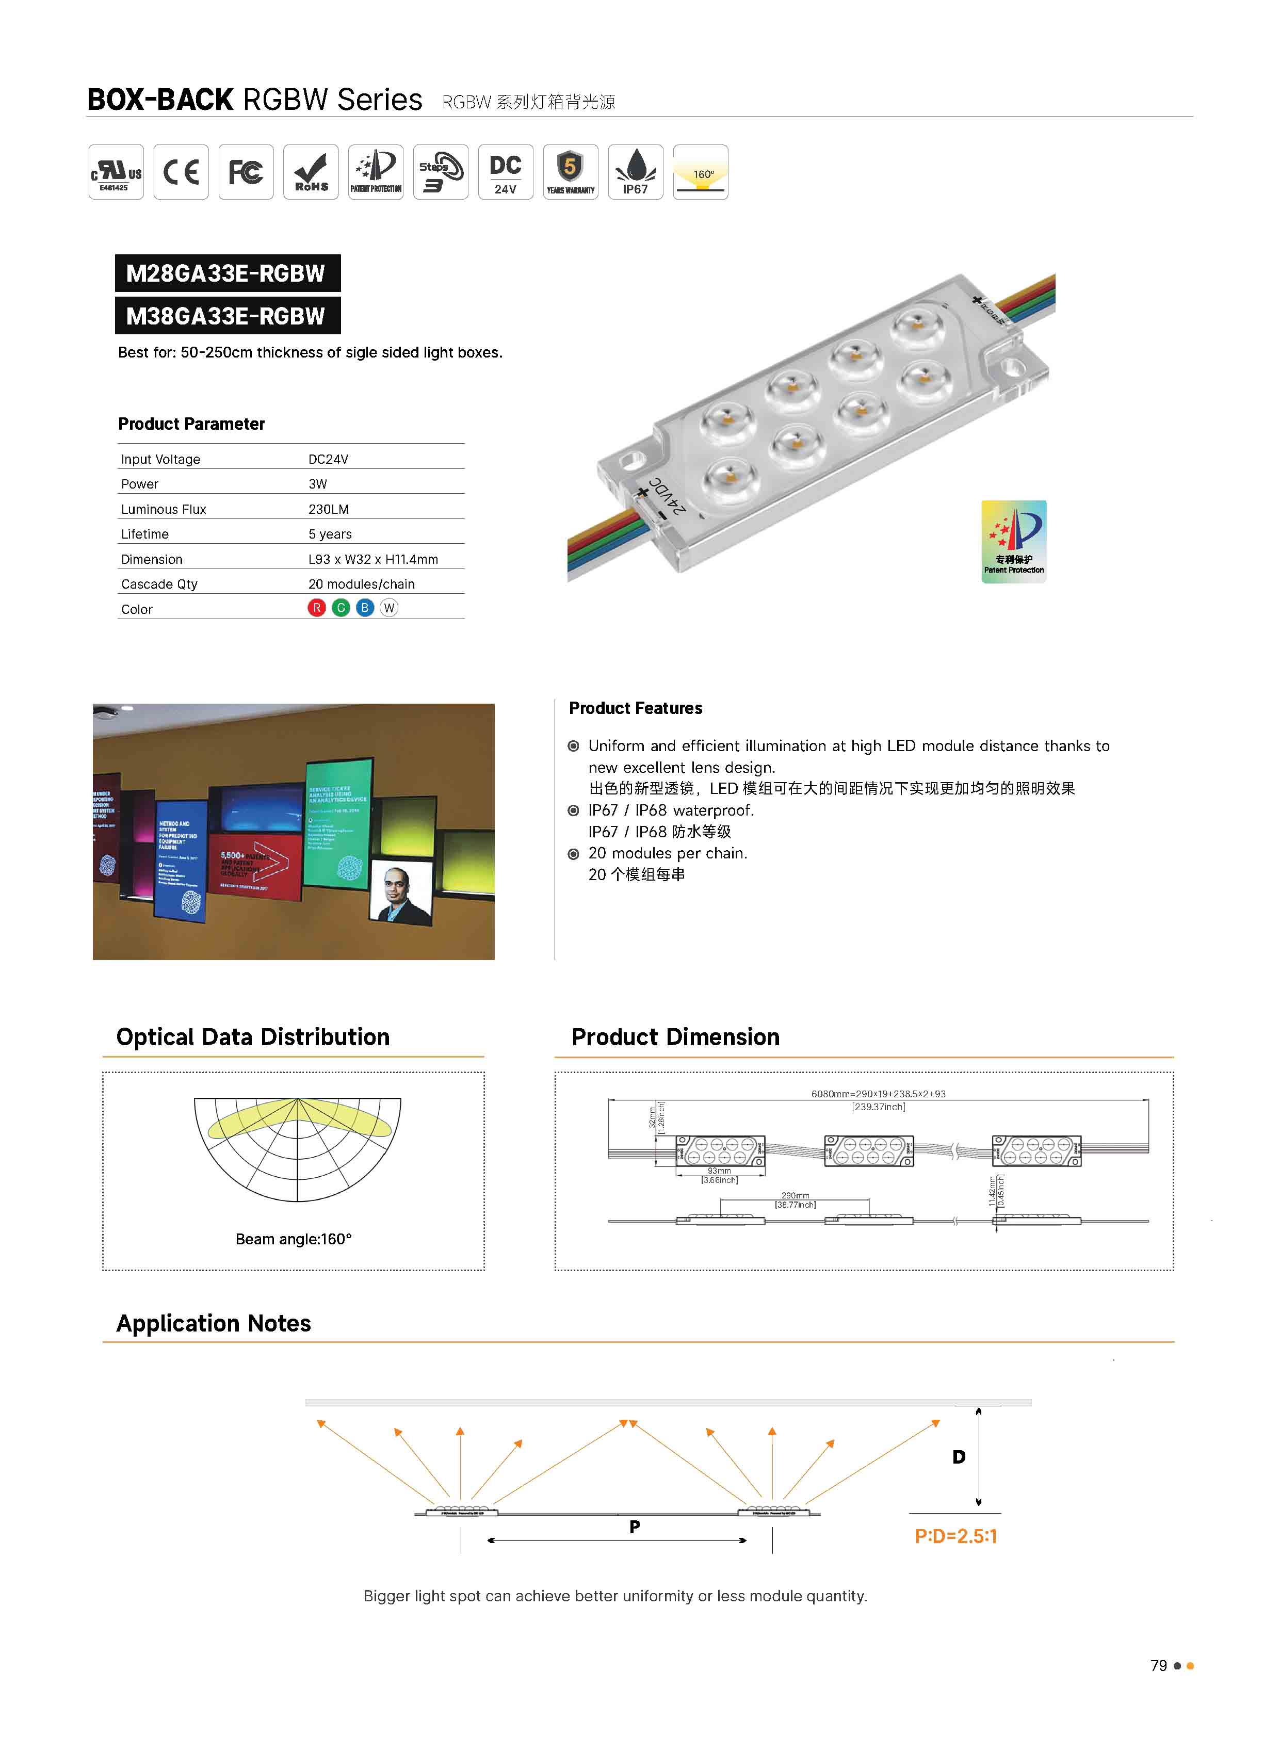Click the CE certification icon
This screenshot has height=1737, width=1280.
click(x=181, y=172)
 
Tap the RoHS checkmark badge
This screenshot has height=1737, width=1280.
click(x=311, y=172)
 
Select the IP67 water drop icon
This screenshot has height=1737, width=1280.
click(x=635, y=172)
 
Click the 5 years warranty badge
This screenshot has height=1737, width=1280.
click(x=570, y=172)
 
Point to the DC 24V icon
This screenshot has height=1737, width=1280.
click(x=505, y=172)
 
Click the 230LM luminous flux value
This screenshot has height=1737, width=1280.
click(x=329, y=509)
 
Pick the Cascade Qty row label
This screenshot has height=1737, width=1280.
click(x=159, y=584)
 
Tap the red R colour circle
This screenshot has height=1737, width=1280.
click(x=316, y=608)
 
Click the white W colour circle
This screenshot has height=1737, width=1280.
click(x=389, y=608)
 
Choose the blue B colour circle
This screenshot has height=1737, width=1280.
click(x=365, y=608)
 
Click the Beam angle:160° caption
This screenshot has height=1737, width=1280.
click(x=294, y=1239)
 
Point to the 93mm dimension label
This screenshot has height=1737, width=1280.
click(x=719, y=1171)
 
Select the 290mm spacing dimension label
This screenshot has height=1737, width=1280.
click(x=795, y=1195)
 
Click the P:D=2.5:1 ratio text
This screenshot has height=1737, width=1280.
click(x=956, y=1536)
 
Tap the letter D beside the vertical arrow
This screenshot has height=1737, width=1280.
click(x=959, y=1457)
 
